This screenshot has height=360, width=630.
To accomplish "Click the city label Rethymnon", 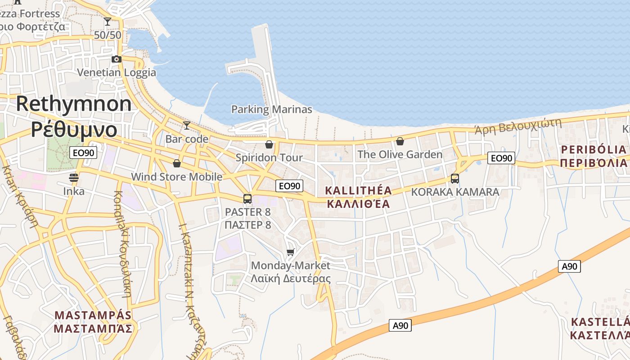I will tap(74, 104).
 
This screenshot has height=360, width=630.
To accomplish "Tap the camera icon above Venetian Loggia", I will tap(117, 59).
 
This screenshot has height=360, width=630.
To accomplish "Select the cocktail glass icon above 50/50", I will tap(108, 21).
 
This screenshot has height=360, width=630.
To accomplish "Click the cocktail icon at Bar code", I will tap(187, 125).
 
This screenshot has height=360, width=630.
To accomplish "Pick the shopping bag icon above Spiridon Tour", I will tap(269, 144).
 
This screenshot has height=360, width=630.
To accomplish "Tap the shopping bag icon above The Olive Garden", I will tap(400, 142).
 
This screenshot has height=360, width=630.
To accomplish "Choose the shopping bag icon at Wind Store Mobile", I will tap(177, 163).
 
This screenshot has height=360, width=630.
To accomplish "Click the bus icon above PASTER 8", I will tap(247, 198).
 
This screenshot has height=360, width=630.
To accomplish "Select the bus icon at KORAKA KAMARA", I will tap(455, 179).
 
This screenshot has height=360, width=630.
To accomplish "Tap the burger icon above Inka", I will tap(74, 178).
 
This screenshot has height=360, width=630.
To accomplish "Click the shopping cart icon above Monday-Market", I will tap(291, 252).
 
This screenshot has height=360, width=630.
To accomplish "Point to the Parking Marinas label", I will tap(271, 109).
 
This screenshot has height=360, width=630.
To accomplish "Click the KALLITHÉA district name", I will tap(358, 191).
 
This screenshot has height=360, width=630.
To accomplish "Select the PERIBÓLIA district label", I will tap(594, 149).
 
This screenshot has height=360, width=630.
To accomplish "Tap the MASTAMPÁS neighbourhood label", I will tap(93, 315).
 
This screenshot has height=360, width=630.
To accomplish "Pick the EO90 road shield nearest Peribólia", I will tap(501, 158).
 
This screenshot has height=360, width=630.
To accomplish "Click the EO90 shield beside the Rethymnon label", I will tap(84, 153).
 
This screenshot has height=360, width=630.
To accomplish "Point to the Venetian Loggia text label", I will tap(117, 72).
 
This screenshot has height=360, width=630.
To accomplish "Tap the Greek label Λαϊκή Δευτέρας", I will tap(291, 279).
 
